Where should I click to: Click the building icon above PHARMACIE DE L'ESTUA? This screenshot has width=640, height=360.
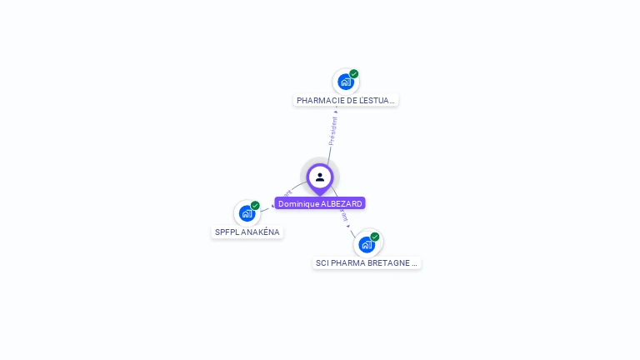coord(346,82)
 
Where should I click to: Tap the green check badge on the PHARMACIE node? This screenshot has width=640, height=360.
coord(354,74)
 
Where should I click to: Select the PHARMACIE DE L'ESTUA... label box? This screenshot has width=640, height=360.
coord(346,100)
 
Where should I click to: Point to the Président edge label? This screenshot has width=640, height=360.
coord(332,130)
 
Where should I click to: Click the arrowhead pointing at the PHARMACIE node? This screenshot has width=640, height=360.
coord(336,110)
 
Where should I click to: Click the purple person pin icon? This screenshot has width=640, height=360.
coord(319,177)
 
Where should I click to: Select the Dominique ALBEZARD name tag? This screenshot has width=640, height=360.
coord(320,203)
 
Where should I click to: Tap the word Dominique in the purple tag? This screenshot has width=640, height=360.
coord(297,203)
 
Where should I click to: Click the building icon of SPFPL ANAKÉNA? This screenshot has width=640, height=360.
coord(247,213)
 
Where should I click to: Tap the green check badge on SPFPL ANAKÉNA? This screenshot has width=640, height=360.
coord(255,206)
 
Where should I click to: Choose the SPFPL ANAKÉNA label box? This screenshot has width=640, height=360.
coord(247,232)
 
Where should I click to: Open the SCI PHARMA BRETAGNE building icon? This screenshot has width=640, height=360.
coord(366,244)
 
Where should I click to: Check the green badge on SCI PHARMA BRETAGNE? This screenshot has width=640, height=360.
coord(375,237)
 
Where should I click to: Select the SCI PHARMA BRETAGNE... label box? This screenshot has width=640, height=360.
coord(367,263)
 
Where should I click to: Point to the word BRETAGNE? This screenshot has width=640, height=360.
coord(394,263)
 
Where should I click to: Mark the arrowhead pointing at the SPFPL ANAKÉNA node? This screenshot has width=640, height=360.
coord(273,205)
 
